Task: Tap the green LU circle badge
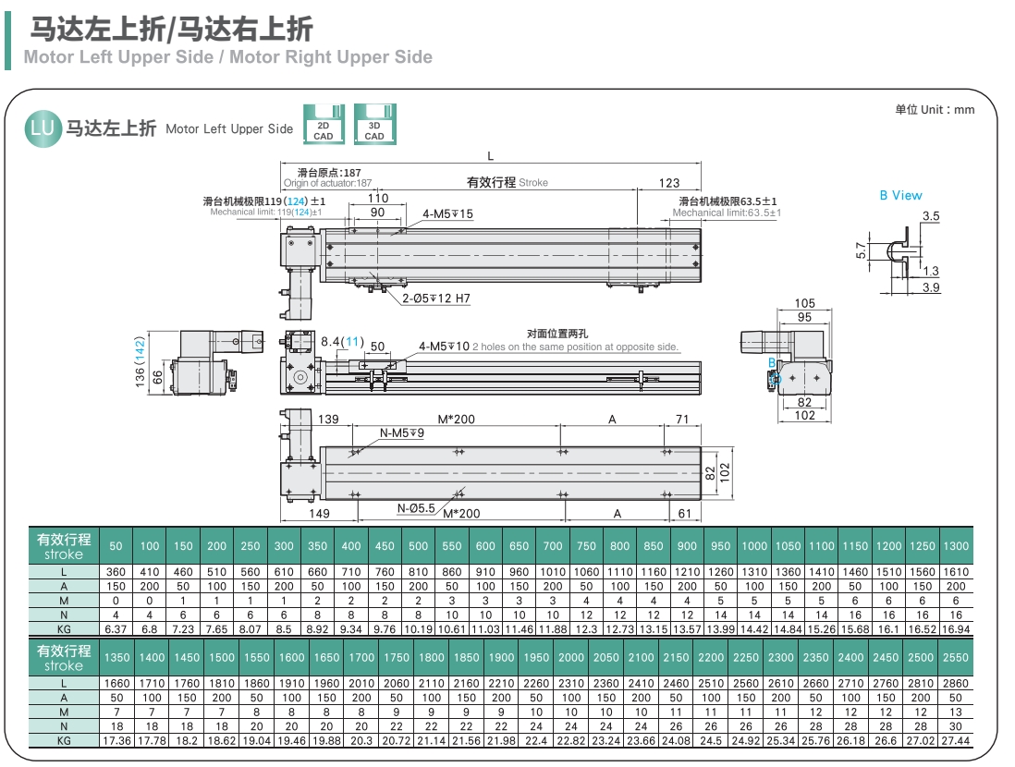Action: coord(43,128)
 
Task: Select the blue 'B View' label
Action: coord(900,195)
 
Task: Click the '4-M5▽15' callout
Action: coord(447,214)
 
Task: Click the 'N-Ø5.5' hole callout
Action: coord(416,508)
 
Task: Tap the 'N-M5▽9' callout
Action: coord(402,432)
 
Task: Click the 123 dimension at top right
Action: coord(669,183)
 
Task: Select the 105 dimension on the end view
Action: coord(804,304)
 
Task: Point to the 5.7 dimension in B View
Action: coord(861,250)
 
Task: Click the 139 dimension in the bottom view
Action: coord(329,420)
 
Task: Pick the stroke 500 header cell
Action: coord(419,546)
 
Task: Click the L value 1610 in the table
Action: coord(956,572)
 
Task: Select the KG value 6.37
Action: coord(116,628)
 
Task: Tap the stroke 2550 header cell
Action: coord(956,657)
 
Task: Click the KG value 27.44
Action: coord(956,740)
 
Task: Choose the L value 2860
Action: coord(956,684)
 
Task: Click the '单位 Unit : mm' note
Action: coord(935,110)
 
